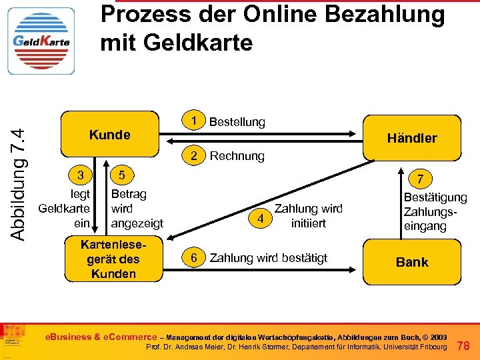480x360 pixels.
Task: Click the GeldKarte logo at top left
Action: pos(41,41)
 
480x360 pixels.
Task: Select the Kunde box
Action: pos(110,135)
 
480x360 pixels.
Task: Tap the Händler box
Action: pos(411,138)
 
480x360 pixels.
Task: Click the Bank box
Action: pos(411,262)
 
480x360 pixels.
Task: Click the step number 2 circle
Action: pos(194,156)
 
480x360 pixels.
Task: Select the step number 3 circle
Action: pos(79,176)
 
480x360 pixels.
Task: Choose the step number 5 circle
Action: pos(121,176)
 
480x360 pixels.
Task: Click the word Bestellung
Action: pos(237,122)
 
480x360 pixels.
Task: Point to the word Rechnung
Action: pos(237,157)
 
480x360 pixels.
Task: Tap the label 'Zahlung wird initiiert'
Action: pos(308,216)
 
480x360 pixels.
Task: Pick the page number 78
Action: pos(465,345)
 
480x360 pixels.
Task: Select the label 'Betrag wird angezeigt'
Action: pos(137,208)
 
